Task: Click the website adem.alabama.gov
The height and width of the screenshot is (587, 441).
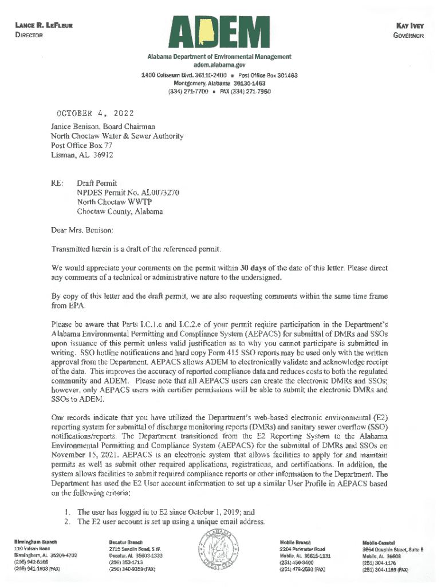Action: [x=219, y=66]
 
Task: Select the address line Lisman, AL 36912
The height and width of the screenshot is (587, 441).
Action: [x=82, y=155]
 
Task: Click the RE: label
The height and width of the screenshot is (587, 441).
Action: [x=57, y=183]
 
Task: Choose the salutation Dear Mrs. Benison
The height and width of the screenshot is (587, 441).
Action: [x=82, y=230]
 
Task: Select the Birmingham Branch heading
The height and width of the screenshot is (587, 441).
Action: [x=35, y=541]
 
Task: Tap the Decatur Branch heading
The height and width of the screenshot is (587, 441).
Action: [x=126, y=541]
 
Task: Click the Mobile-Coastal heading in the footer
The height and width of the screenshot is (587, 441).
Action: [x=379, y=542]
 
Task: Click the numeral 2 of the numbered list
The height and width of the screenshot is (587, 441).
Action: [x=68, y=522]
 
